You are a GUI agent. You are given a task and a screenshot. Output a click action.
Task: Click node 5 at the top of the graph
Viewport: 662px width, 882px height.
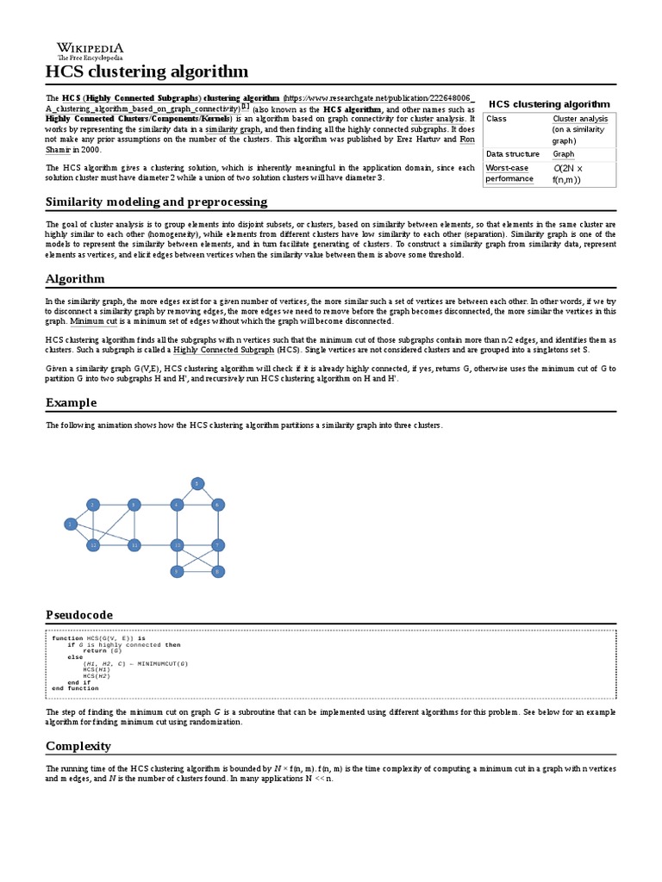(197, 483)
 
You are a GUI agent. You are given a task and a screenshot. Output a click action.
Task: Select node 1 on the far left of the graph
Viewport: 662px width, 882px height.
(70, 523)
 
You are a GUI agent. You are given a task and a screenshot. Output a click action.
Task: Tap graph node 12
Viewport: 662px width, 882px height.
(92, 545)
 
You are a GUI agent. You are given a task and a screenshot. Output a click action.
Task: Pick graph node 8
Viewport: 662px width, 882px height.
(218, 570)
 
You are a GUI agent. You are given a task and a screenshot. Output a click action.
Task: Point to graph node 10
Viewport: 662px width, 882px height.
(177, 545)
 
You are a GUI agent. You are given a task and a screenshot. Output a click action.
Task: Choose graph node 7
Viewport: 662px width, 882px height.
(218, 545)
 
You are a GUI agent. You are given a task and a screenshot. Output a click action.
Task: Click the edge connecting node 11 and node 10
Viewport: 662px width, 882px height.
(155, 545)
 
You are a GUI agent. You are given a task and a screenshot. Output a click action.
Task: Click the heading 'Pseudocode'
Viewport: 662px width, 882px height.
(78, 614)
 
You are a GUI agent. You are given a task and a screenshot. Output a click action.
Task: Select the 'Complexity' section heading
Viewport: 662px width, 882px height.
(78, 746)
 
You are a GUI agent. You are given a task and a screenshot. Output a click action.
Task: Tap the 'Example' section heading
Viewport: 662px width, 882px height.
(71, 402)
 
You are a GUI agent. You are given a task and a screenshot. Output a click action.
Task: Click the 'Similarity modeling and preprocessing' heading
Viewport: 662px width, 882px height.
(156, 202)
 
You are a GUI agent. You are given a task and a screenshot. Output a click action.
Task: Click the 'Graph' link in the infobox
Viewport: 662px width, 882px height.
(563, 154)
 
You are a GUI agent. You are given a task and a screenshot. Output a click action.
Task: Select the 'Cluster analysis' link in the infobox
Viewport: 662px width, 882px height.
(580, 119)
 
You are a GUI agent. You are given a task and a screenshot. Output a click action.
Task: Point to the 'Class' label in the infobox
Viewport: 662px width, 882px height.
(496, 119)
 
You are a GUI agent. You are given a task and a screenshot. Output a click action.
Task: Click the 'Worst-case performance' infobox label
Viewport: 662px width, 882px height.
(509, 173)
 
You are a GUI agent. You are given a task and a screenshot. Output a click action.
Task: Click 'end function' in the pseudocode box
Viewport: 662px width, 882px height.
(75, 688)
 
